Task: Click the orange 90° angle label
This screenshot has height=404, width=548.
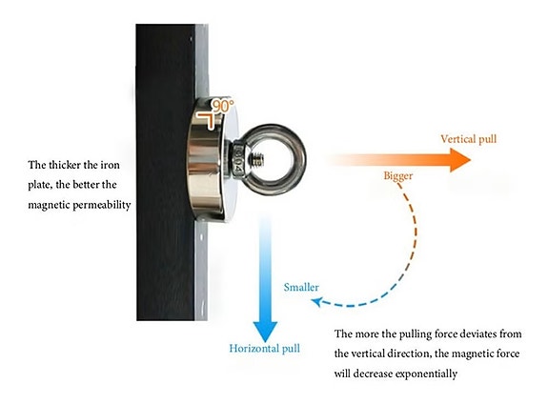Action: point(223,106)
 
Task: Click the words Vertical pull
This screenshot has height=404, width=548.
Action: point(468,139)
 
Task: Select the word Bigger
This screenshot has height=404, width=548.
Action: point(398,175)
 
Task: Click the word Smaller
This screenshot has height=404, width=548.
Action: point(301,287)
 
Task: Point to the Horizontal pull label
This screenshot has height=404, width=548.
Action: point(265,349)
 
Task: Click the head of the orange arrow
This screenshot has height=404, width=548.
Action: point(460,160)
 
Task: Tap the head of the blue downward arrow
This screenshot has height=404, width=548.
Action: point(265,332)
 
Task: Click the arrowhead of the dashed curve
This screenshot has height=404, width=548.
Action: point(316,302)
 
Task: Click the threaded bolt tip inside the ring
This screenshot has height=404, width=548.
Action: point(257,160)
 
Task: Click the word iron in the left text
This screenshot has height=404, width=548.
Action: point(111,165)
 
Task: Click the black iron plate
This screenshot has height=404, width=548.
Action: point(165,172)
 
